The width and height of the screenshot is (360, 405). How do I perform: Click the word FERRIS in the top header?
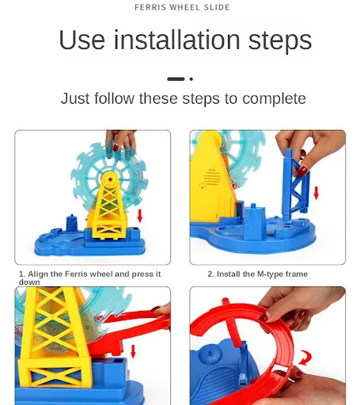(x=150, y=7)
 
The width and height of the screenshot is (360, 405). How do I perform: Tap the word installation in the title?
(x=176, y=40)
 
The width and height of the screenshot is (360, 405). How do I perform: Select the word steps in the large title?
(x=280, y=41)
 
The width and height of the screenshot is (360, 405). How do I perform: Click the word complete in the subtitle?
(x=274, y=99)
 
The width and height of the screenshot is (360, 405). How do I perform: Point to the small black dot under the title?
(x=191, y=79)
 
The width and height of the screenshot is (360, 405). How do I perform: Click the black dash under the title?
(x=176, y=79)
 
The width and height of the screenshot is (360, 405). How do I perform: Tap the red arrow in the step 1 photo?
(x=140, y=216)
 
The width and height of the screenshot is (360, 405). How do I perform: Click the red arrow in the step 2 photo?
(x=316, y=193)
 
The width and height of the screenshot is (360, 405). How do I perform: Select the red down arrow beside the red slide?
(x=133, y=351)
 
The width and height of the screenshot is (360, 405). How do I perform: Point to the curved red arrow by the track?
(x=306, y=358)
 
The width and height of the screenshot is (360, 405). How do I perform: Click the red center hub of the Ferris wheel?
(x=111, y=180)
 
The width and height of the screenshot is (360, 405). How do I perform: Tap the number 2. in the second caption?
(x=210, y=274)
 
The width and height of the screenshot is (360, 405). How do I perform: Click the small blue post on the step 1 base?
(x=71, y=223)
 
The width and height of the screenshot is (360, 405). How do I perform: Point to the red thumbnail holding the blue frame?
(x=303, y=172)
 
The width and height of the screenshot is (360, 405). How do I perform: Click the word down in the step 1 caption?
(x=29, y=282)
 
